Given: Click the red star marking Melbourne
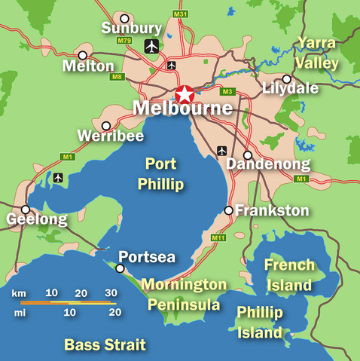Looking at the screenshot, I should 184,95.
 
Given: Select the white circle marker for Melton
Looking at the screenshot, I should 82,55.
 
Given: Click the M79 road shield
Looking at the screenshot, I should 124,40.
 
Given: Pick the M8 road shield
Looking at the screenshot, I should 117,76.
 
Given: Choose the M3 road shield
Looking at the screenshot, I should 227,92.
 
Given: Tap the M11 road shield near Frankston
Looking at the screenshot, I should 219,238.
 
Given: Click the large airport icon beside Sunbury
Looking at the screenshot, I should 152,47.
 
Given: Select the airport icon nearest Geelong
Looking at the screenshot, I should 59,178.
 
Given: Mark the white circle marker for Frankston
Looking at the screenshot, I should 229,210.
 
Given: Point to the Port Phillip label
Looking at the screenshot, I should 160,173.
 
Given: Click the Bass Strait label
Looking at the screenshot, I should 105,345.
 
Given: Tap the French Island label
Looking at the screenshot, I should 287,275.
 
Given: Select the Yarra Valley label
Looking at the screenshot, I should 316,52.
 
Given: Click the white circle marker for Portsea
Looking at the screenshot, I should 120,268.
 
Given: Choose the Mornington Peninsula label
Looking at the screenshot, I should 184,295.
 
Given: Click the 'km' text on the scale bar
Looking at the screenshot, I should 20,292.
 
